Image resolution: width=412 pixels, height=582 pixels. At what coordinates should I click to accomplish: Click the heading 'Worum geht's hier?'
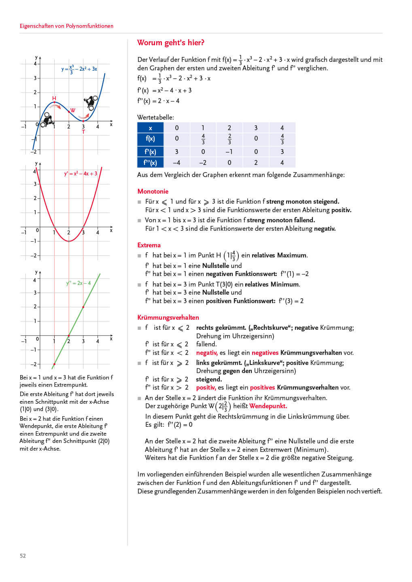pyautogui.click(x=170, y=43)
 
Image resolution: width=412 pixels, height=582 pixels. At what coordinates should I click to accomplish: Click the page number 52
pyautogui.click(x=23, y=556)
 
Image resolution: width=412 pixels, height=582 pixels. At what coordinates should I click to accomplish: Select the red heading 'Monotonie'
pyautogui.click(x=153, y=191)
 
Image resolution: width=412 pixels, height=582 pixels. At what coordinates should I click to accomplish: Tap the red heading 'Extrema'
pyautogui.click(x=149, y=245)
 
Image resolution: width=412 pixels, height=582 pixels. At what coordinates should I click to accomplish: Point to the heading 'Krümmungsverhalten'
pyautogui.click(x=168, y=317)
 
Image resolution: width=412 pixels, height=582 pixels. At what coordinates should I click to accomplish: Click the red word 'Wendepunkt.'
pyautogui.click(x=268, y=406)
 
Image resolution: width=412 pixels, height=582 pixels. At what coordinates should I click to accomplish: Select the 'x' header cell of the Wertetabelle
pyautogui.click(x=150, y=128)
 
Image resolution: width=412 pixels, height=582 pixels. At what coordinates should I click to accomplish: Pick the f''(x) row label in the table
pyautogui.click(x=150, y=162)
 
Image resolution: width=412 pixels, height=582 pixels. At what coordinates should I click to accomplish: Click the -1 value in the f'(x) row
pyautogui.click(x=229, y=152)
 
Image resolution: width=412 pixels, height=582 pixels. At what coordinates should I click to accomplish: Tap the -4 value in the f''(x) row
pyautogui.click(x=176, y=162)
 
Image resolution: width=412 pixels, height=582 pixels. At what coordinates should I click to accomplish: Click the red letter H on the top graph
pyautogui.click(x=54, y=98)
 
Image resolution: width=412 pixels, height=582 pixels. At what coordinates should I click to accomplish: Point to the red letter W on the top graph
pyautogui.click(x=73, y=110)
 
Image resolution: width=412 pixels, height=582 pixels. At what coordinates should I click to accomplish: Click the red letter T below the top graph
pyautogui.click(x=83, y=132)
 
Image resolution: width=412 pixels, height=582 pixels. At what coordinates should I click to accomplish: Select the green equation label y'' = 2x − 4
pyautogui.click(x=79, y=283)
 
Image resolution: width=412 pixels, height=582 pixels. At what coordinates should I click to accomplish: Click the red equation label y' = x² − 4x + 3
pyautogui.click(x=81, y=174)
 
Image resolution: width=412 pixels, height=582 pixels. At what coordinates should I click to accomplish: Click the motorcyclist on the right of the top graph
pyautogui.click(x=91, y=102)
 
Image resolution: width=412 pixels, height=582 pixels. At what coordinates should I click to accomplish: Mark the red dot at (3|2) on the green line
pyautogui.click(x=83, y=307)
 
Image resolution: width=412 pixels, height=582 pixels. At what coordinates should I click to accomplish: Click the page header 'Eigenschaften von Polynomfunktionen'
pyautogui.click(x=66, y=26)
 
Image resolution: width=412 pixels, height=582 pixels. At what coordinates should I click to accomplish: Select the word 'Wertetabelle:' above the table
pyautogui.click(x=155, y=117)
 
